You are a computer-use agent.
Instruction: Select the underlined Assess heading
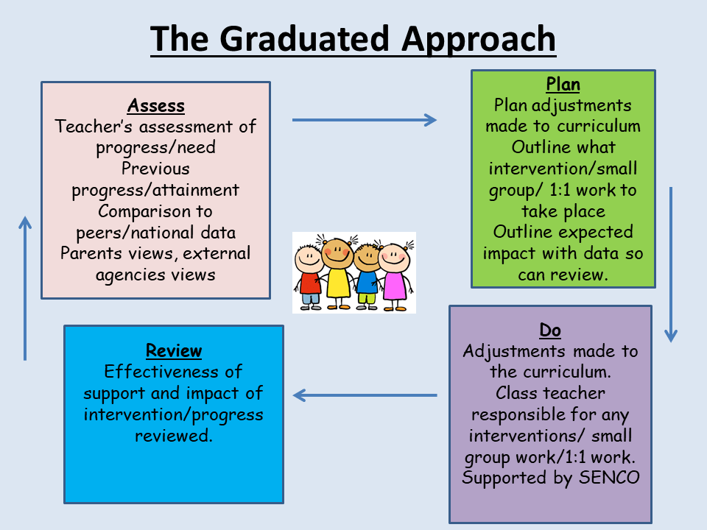[156, 105]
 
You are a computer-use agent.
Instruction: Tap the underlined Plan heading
[563, 84]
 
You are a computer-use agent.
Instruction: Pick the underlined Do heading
[550, 331]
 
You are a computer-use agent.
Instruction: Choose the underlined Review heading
[174, 350]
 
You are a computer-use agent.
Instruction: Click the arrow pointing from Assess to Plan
[365, 120]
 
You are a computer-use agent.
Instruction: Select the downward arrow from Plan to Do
[671, 264]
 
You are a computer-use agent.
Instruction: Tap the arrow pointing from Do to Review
[365, 395]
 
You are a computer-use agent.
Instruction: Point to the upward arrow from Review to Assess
[25, 289]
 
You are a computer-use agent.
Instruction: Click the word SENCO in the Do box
[609, 478]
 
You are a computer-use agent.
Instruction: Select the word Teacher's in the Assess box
[94, 127]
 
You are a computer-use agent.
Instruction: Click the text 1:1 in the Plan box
[560, 190]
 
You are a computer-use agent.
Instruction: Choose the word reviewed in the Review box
[174, 436]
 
